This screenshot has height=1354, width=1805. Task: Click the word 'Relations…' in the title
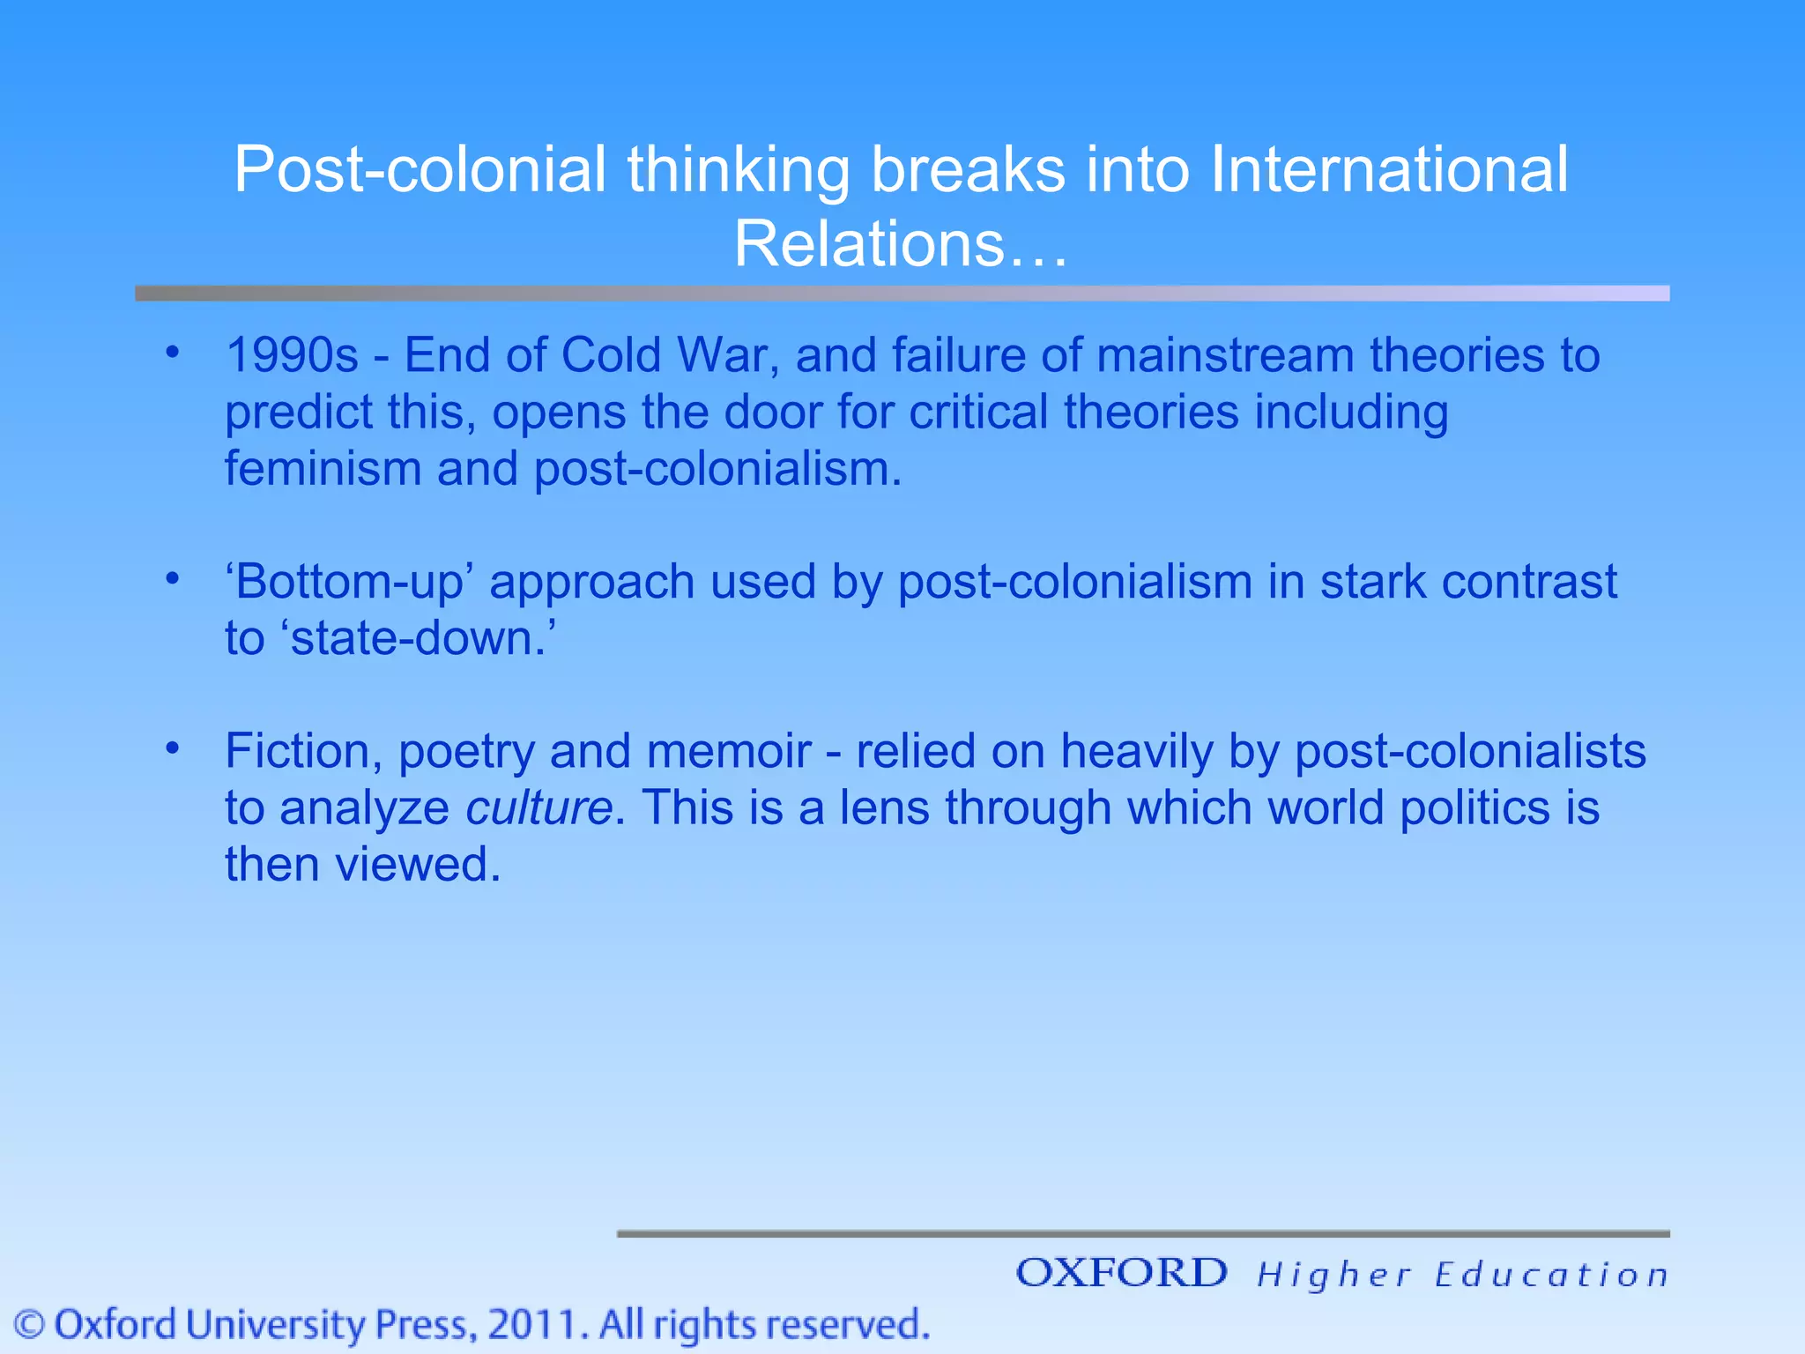[x=901, y=243]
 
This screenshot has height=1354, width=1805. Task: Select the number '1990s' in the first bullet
[x=292, y=355]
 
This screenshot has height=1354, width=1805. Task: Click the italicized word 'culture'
[x=539, y=807]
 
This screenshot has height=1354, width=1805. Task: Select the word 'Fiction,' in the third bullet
[x=303, y=751]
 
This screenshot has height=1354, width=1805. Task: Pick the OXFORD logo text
[x=1121, y=1273]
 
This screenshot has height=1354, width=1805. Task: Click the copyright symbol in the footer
[x=30, y=1325]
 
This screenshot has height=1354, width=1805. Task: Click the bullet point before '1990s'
[x=172, y=353]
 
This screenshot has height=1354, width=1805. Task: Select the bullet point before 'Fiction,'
[x=172, y=748]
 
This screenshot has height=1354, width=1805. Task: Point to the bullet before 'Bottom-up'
[x=172, y=579]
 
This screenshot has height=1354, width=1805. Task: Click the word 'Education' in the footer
[x=1551, y=1275]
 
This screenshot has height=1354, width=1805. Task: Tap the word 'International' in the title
[x=1389, y=169]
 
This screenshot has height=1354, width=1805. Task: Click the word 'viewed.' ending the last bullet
[x=419, y=864]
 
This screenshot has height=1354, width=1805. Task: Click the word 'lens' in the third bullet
[x=884, y=807]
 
